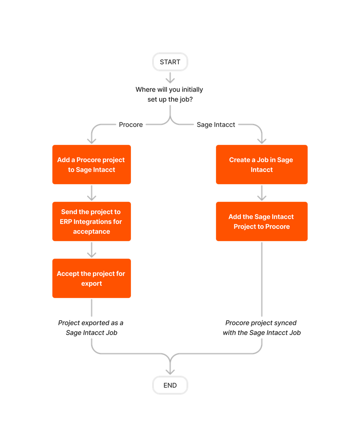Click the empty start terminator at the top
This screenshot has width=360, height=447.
(170, 62)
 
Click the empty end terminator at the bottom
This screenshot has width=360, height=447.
(170, 385)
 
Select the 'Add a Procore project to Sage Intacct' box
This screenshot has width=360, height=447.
(91, 165)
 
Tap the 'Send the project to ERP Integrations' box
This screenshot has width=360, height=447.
(91, 221)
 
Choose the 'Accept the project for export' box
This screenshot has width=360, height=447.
(91, 278)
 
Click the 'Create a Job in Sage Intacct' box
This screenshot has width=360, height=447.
(261, 165)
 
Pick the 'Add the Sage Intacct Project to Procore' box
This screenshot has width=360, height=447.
(261, 221)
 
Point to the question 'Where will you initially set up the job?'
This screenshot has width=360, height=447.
(169, 95)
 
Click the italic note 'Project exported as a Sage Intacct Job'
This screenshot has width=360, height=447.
(91, 328)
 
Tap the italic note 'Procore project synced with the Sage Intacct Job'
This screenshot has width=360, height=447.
(261, 328)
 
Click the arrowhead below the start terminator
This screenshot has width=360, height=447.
(170, 80)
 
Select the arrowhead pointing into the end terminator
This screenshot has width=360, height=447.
(170, 371)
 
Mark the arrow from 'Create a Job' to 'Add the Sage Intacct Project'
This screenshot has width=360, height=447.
(262, 193)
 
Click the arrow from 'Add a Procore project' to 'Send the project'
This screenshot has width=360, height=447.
(92, 193)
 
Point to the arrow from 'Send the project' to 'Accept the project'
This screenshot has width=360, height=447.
(92, 250)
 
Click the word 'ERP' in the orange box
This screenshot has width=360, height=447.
(66, 222)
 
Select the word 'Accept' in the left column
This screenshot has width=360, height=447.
(67, 274)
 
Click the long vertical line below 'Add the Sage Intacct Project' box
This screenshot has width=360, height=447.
(262, 278)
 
